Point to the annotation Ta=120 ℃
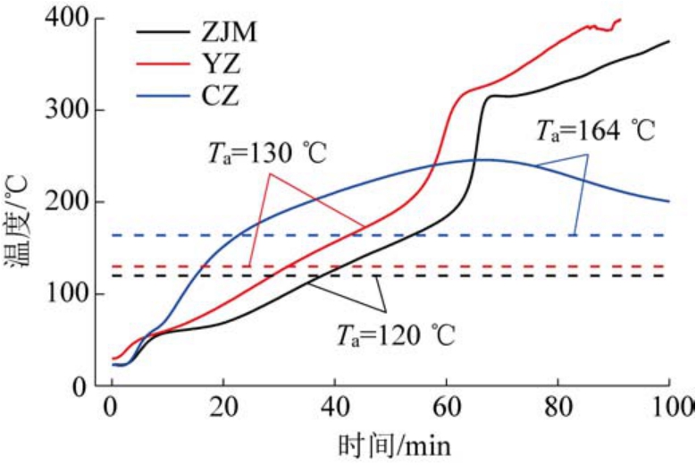pos(396,336)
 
